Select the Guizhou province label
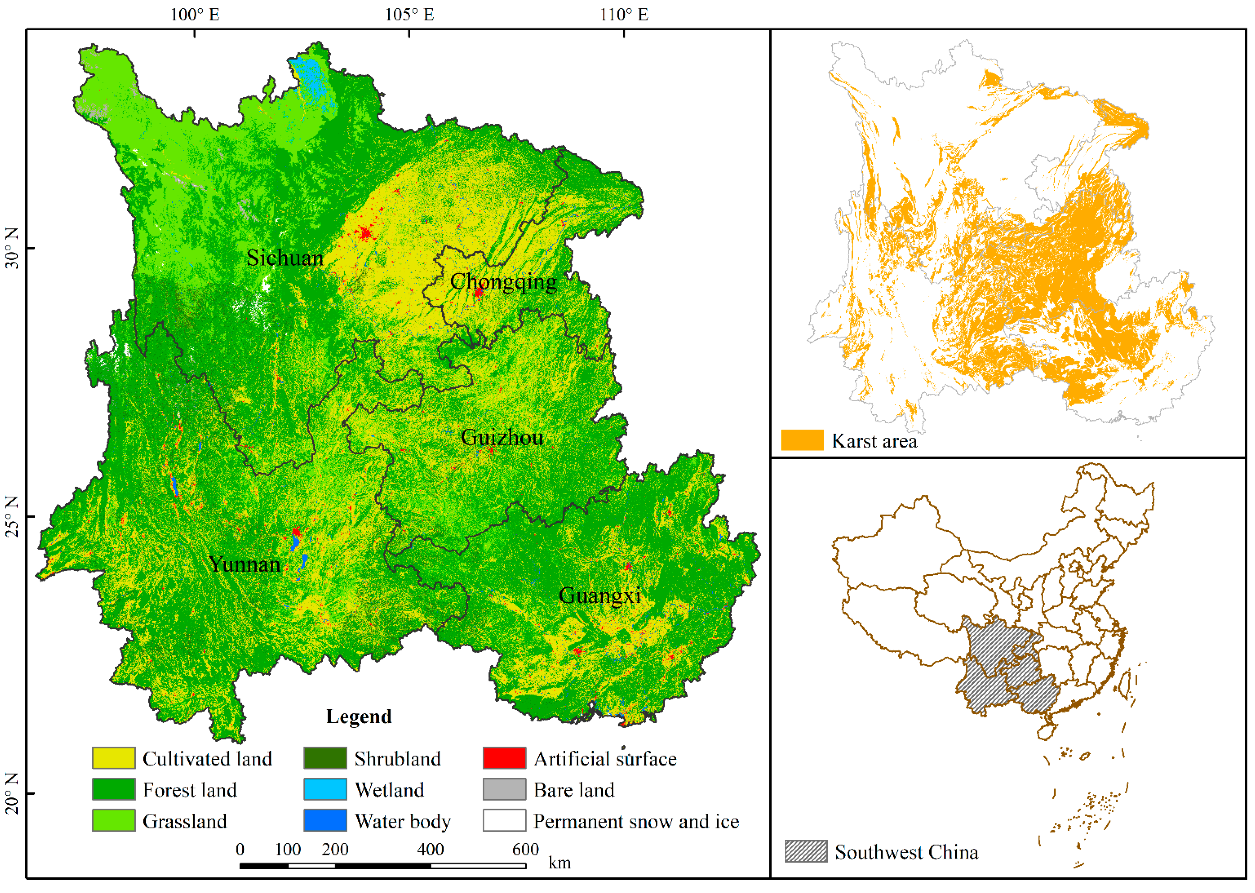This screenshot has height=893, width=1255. (502, 438)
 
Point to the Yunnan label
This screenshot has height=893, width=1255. (244, 565)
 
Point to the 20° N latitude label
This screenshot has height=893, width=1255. (12, 794)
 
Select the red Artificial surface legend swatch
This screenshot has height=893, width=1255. (504, 758)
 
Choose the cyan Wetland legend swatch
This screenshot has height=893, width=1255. (325, 790)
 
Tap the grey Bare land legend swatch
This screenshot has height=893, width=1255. (504, 790)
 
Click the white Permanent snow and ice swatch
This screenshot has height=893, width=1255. (504, 821)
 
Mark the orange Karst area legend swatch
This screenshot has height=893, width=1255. (802, 440)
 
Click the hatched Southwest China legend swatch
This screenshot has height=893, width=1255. (806, 852)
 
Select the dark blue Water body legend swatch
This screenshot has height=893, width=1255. (325, 821)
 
